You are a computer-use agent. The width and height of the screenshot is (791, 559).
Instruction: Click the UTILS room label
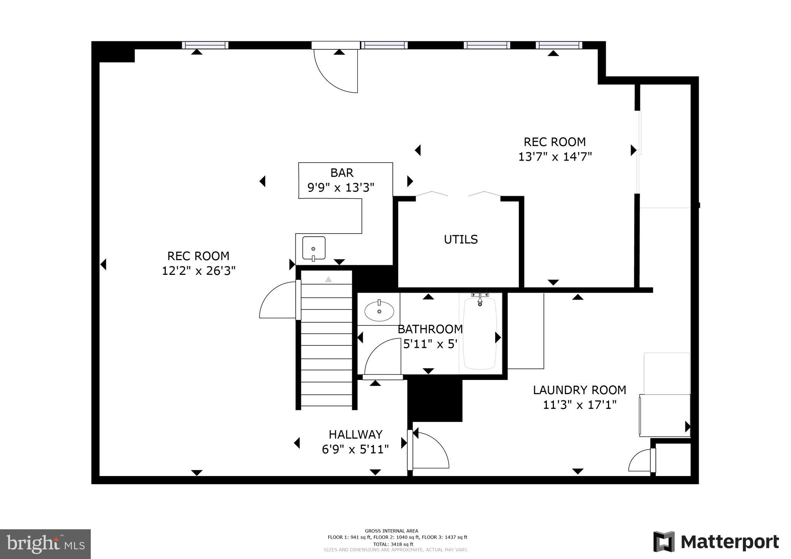pyautogui.click(x=460, y=239)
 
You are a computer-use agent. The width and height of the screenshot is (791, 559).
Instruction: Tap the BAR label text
pyautogui.click(x=341, y=172)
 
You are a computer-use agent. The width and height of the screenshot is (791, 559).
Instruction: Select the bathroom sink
pyautogui.click(x=379, y=310)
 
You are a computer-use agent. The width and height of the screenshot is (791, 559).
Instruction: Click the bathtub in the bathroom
pyautogui.click(x=480, y=334)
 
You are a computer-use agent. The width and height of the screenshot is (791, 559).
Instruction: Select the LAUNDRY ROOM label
pyautogui.click(x=579, y=390)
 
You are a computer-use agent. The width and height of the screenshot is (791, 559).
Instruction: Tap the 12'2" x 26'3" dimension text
pyautogui.click(x=199, y=271)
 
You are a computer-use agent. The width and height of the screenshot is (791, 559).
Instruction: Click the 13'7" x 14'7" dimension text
pyautogui.click(x=555, y=157)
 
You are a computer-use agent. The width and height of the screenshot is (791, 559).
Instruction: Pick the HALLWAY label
pyautogui.click(x=355, y=434)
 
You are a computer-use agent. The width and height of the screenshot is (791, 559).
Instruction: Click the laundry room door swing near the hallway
pyautogui.click(x=431, y=450)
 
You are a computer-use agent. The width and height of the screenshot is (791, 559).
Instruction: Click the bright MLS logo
pyautogui.click(x=45, y=544)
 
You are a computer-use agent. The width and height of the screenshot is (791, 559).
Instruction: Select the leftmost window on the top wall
pyautogui.click(x=205, y=45)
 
